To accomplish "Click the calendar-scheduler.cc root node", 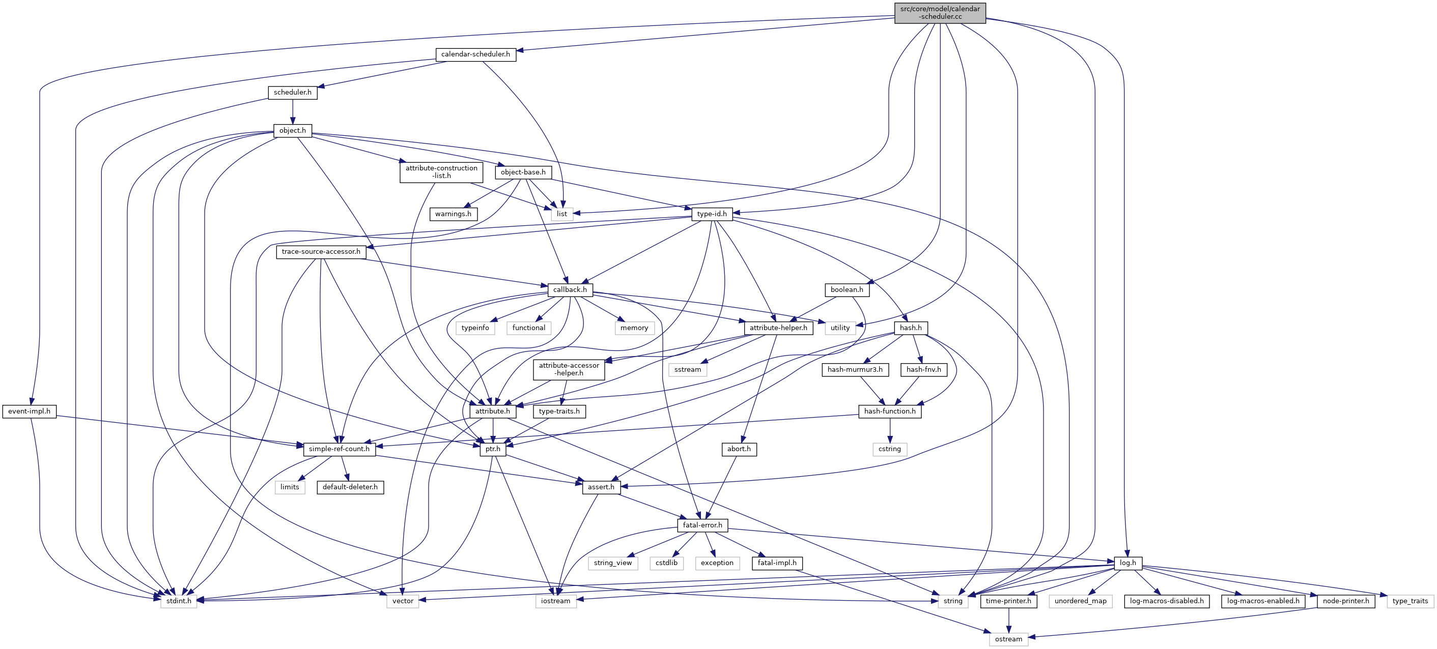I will click(940, 13).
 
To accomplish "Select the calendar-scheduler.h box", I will click(475, 54).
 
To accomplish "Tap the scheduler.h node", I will click(292, 93).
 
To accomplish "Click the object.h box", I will click(292, 131).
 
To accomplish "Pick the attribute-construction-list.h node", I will click(441, 172).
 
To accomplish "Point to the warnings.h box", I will click(453, 214).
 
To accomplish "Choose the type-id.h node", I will click(712, 214).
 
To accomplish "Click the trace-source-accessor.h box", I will click(321, 252).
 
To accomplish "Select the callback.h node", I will click(570, 290).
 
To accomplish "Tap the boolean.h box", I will click(846, 290).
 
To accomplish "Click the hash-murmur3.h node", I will click(855, 370).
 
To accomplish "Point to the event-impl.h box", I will click(29, 411).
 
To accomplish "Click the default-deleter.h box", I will click(350, 487).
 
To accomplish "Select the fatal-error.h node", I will click(702, 525).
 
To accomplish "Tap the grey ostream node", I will click(1008, 639).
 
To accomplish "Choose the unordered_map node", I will click(1080, 601).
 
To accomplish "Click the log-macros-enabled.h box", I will click(1262, 601).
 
